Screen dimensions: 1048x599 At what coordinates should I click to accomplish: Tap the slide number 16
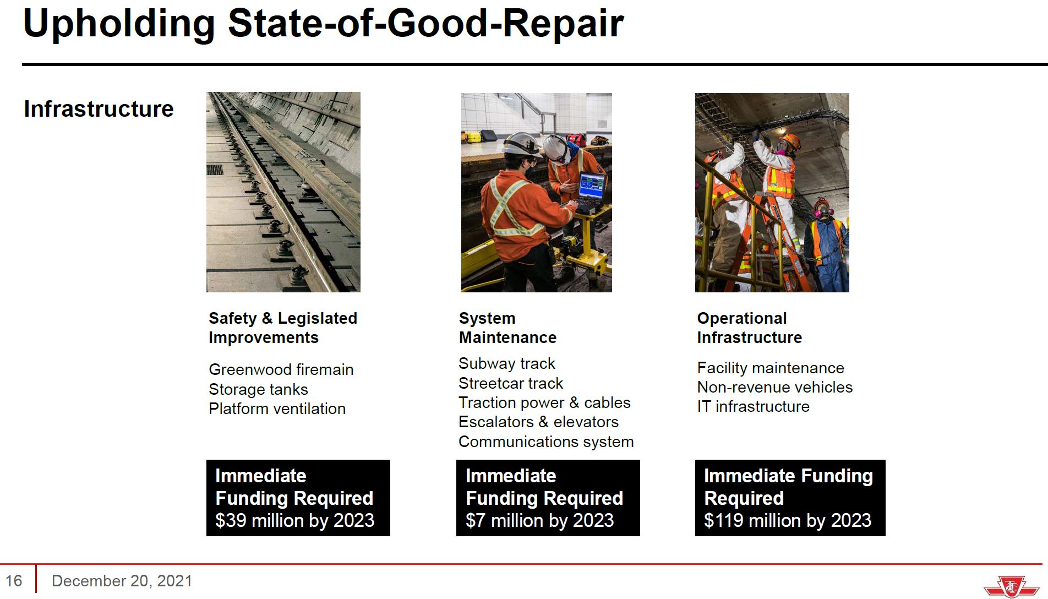click(x=14, y=581)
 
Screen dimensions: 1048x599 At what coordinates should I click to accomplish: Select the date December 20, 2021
click(x=122, y=581)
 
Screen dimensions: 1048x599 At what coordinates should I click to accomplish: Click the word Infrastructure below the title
click(x=99, y=109)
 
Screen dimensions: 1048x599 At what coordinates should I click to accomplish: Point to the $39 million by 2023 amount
click(x=294, y=520)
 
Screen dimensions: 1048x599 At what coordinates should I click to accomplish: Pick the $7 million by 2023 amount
click(x=539, y=520)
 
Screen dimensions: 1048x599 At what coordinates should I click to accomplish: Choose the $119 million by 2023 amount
click(x=788, y=520)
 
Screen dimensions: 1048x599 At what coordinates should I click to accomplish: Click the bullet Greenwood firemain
click(x=281, y=369)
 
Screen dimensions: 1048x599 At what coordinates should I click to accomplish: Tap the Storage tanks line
click(x=258, y=389)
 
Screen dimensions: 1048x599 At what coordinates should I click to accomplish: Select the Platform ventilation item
click(x=277, y=409)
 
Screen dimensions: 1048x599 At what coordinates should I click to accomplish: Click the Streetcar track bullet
click(x=511, y=383)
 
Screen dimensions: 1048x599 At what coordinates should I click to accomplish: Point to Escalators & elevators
click(x=538, y=422)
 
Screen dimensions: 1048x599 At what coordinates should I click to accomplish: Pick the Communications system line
click(x=546, y=442)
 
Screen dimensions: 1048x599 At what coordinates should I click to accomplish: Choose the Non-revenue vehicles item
click(x=774, y=387)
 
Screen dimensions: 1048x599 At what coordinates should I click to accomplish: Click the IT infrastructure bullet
click(x=753, y=406)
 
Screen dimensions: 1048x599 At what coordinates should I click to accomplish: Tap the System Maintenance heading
click(x=507, y=328)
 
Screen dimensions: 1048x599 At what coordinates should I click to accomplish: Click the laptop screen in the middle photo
click(x=592, y=187)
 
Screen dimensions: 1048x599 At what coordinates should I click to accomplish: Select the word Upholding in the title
click(x=119, y=24)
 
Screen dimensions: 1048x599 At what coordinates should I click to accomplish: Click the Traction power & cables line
click(x=544, y=402)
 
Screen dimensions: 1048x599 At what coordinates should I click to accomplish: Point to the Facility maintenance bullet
click(x=770, y=368)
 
